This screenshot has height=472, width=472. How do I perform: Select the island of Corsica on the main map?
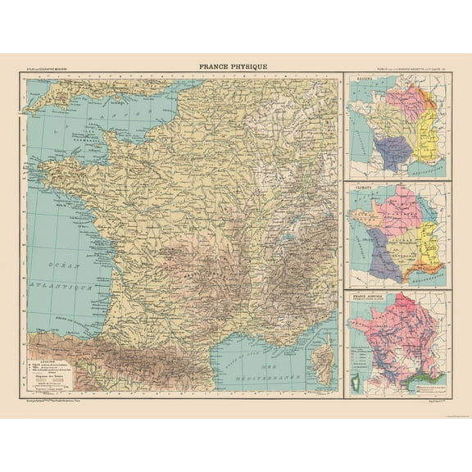pos(324,359)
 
